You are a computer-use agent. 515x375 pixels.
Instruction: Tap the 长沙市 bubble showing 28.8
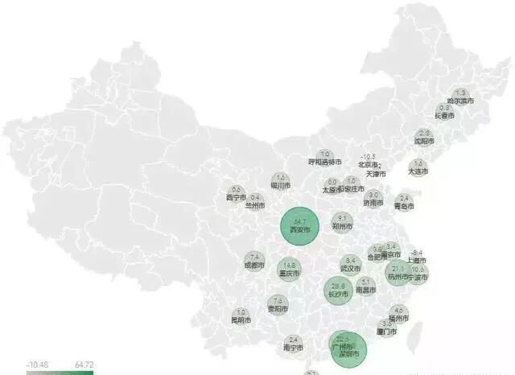click(x=339, y=290)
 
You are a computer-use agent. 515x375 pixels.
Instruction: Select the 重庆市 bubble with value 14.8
click(x=289, y=269)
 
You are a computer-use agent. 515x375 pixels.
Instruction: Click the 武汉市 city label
click(x=350, y=269)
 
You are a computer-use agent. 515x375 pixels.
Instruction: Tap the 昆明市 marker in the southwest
click(x=240, y=316)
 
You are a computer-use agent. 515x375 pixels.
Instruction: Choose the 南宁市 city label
click(x=293, y=348)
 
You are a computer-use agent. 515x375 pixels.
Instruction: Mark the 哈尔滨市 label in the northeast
click(x=461, y=101)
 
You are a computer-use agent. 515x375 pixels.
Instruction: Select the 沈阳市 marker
click(x=425, y=138)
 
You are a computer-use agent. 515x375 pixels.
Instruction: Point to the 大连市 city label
click(x=418, y=171)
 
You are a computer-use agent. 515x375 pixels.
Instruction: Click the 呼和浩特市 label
click(x=326, y=162)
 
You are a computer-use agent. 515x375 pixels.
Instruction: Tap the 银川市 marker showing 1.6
click(x=280, y=182)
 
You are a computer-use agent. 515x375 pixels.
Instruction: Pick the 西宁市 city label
click(x=236, y=197)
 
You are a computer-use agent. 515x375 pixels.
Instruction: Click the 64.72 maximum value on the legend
click(x=84, y=365)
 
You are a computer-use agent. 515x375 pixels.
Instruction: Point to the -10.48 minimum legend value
click(x=36, y=365)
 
